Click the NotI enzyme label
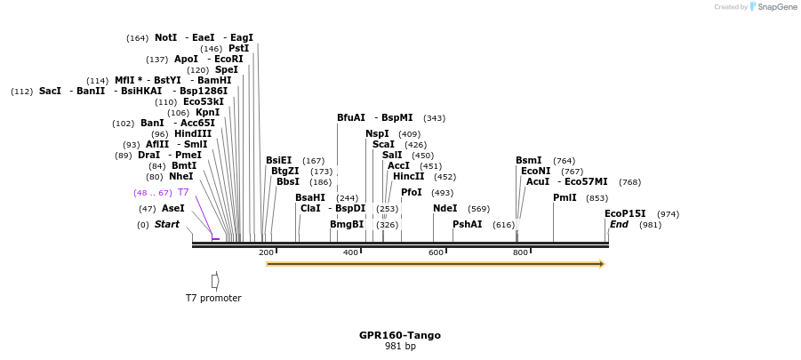(x=165, y=38)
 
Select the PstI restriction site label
(x=238, y=49)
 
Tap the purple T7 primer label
(x=183, y=192)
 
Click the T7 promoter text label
(x=213, y=298)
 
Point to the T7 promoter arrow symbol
(x=215, y=280)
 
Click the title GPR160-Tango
(x=400, y=335)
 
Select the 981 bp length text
(x=400, y=347)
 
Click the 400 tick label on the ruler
(x=350, y=253)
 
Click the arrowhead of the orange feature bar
(x=602, y=264)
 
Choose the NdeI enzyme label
(x=445, y=209)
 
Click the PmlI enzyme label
(x=565, y=198)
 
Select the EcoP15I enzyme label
(x=625, y=214)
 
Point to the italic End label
(x=620, y=225)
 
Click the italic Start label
(x=166, y=225)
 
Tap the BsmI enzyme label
(x=528, y=161)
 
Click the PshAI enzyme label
(x=467, y=225)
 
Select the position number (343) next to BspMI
(x=434, y=118)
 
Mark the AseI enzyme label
(x=173, y=209)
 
